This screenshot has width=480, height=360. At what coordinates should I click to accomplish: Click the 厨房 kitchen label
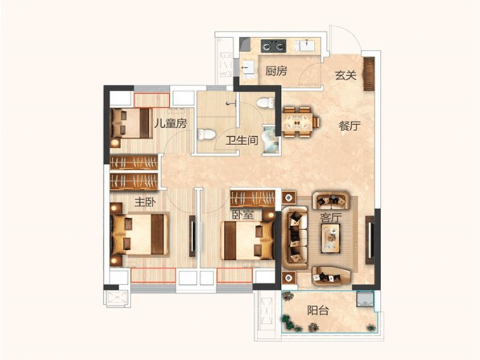276,71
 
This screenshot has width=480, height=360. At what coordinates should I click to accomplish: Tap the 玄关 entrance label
346,75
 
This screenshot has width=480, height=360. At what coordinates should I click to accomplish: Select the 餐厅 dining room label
350,125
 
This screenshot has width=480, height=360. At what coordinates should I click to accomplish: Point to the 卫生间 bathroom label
242,140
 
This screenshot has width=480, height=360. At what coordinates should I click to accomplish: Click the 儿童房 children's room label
170,124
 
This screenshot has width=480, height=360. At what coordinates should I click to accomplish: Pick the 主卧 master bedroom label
145,202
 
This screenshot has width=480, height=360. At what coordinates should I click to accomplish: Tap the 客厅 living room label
331,218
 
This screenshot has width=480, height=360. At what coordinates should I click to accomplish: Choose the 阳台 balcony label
318,310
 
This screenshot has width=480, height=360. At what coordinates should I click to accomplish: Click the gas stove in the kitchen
274,46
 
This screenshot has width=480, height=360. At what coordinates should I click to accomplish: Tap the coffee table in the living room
331,238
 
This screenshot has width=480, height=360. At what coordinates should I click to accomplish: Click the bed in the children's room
131,124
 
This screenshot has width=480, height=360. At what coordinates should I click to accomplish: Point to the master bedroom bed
140,234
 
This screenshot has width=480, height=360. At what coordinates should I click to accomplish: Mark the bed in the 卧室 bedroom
247,241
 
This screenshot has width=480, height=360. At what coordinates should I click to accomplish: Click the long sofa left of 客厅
295,238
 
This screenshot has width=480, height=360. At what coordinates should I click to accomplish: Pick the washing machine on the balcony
365,299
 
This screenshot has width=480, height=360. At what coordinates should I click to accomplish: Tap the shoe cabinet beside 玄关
369,74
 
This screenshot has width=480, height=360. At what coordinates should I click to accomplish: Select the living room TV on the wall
370,239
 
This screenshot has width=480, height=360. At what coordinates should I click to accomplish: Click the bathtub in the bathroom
271,140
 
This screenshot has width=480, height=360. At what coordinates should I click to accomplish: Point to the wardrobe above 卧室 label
253,199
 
